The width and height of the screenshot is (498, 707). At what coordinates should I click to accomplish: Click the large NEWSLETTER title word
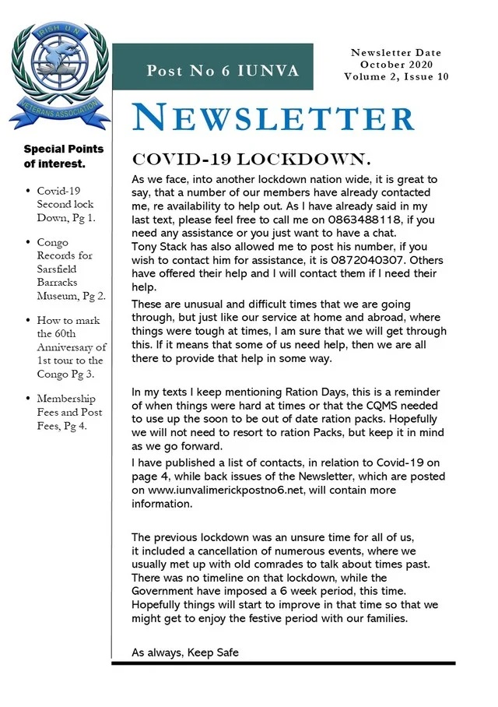click(x=273, y=117)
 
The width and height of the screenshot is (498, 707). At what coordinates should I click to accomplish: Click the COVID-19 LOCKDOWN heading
click(x=250, y=160)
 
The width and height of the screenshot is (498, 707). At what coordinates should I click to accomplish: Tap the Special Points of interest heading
click(x=63, y=156)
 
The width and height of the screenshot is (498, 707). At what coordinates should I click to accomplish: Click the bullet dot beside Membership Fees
click(x=28, y=399)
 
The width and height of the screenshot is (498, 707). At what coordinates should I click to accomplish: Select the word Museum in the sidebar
click(x=58, y=296)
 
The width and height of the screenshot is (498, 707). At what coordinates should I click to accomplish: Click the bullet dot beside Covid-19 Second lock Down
click(x=28, y=191)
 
